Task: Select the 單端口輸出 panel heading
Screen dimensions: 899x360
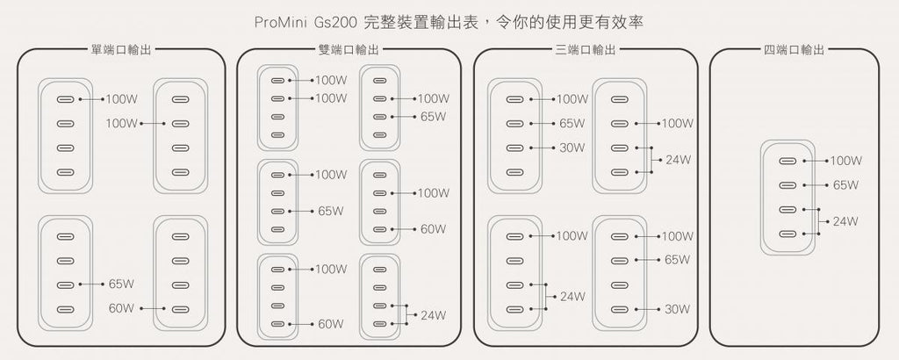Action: pyautogui.click(x=121, y=50)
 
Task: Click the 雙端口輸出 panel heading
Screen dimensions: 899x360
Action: pyautogui.click(x=349, y=50)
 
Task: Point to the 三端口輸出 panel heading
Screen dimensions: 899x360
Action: pyautogui.click(x=586, y=50)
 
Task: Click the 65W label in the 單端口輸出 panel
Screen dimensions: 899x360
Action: pyautogui.click(x=121, y=284)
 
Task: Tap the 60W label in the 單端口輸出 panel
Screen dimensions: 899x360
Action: pyautogui.click(x=121, y=308)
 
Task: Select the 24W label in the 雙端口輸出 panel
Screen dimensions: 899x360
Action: pyautogui.click(x=434, y=315)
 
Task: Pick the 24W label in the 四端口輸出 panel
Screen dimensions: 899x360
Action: pyautogui.click(x=845, y=221)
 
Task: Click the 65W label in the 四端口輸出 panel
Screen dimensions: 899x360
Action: pyautogui.click(x=845, y=185)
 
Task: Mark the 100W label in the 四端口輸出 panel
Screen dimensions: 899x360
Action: pyautogui.click(x=846, y=161)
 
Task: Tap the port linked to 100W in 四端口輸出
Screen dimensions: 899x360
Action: pyautogui.click(x=788, y=161)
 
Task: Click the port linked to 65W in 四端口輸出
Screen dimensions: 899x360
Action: pyautogui.click(x=788, y=185)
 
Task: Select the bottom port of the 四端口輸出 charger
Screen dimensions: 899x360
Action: pyautogui.click(x=788, y=234)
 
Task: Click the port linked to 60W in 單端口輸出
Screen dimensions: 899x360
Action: pyautogui.click(x=180, y=310)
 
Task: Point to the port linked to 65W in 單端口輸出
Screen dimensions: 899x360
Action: pyautogui.click(x=65, y=284)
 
